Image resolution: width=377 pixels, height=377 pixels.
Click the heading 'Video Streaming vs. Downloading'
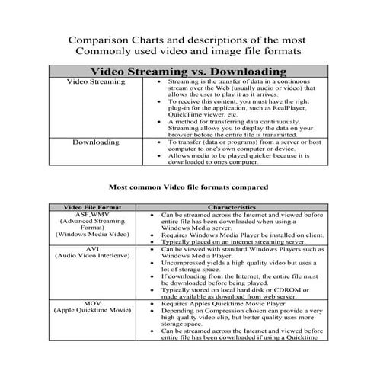point(188,71)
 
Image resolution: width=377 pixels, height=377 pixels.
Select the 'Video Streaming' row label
point(96,81)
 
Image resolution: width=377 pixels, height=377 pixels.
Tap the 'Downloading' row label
point(96,142)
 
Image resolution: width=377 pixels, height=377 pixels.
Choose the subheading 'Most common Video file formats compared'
point(188,185)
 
